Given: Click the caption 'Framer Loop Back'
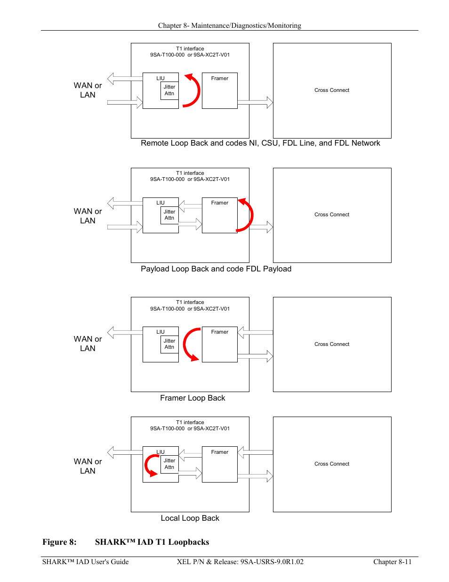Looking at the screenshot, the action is click(192, 398).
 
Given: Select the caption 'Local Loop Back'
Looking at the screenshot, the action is click(190, 518).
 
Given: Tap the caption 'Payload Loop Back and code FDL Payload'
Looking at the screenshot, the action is click(216, 269).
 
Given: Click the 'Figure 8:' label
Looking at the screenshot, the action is click(59, 542).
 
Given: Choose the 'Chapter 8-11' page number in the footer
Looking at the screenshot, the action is click(392, 562).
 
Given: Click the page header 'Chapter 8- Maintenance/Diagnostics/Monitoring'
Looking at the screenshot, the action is click(230, 25).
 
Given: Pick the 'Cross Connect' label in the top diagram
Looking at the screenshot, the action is click(332, 90).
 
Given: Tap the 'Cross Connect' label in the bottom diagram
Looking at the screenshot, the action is click(332, 464).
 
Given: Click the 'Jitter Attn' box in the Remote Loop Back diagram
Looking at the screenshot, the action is click(169, 90).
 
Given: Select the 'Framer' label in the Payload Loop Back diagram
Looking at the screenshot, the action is click(219, 203).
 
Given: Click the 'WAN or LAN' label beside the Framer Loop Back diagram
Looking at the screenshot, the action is click(88, 344).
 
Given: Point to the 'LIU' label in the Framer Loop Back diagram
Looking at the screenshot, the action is click(160, 332).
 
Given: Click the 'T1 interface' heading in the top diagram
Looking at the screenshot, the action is click(190, 49).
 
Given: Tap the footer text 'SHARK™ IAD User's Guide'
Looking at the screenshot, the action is click(85, 562).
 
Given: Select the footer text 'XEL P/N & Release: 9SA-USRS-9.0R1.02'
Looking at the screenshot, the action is click(240, 562).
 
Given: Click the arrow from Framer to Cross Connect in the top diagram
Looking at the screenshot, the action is click(256, 102).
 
